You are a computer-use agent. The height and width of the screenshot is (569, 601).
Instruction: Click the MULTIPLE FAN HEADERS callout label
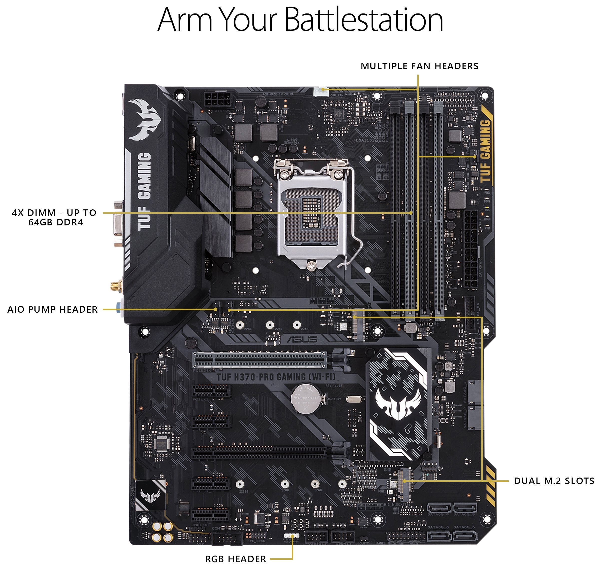[x=419, y=66]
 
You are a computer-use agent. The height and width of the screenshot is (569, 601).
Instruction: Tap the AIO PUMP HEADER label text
[x=52, y=309]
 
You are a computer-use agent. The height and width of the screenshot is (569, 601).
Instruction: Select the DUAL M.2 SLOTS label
[x=554, y=481]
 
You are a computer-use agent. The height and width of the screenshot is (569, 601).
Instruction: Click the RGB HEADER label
[x=235, y=559]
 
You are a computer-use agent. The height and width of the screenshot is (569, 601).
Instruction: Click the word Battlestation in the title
[x=364, y=20]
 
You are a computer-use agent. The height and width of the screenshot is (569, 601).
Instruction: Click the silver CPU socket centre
[x=312, y=212]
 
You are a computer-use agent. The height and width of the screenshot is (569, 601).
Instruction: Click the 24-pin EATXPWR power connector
[x=470, y=249]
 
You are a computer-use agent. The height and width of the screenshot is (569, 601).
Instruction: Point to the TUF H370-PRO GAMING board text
[x=276, y=377]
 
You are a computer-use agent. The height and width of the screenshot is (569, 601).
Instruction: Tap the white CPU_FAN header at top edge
[x=320, y=91]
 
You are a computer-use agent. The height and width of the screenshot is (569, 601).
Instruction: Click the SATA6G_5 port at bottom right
[x=465, y=535]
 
